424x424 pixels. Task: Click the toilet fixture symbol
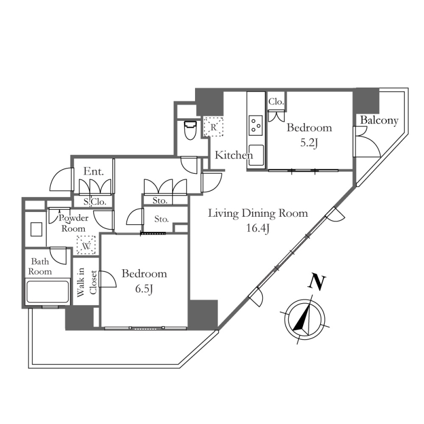point(190,130)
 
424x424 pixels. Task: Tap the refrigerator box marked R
point(214,127)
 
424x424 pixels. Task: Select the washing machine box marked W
point(86,245)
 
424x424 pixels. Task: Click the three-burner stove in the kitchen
point(256,126)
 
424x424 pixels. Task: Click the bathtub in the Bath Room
point(48,292)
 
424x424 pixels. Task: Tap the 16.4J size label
point(258,228)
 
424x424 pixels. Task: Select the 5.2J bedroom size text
point(308,143)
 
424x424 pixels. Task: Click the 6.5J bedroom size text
point(144,289)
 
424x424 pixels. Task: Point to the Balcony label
point(379,120)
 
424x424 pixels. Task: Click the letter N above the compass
point(316,282)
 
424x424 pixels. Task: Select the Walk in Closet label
point(86,282)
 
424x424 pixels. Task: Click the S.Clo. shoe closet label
point(94,202)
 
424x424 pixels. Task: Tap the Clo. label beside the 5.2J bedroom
point(276,102)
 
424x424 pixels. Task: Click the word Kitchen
point(234,155)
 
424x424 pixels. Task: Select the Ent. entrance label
point(94,171)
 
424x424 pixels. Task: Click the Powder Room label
point(74,223)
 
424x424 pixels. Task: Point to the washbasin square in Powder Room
point(36,229)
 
